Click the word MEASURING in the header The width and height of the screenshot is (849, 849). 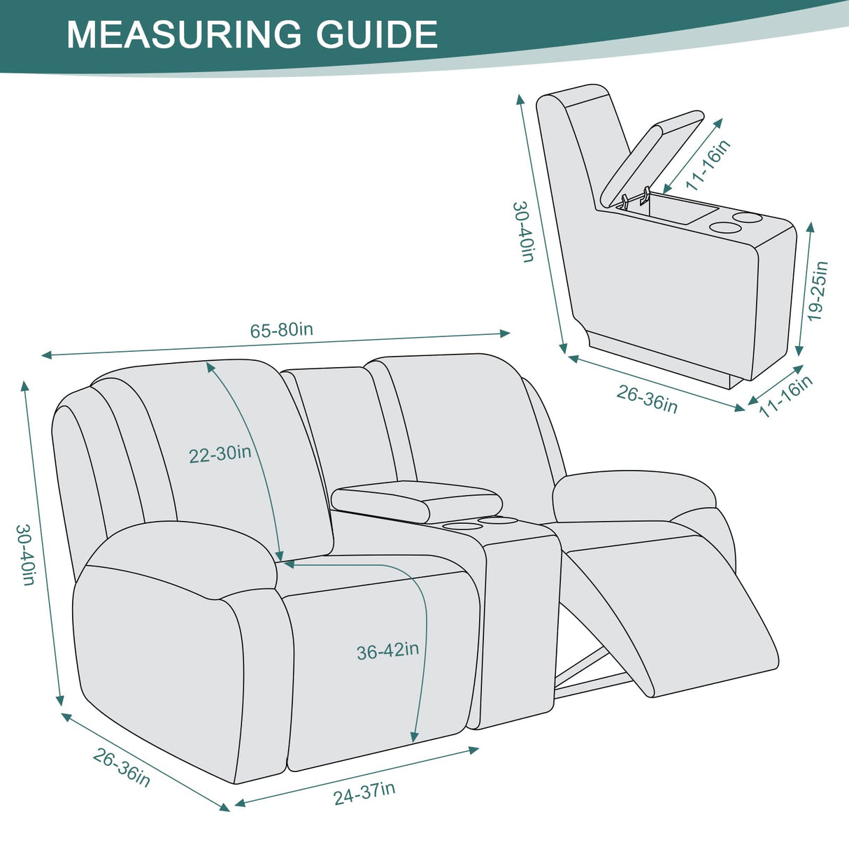(183, 34)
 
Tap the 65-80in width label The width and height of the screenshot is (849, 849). (281, 330)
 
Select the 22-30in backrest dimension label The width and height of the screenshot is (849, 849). (220, 454)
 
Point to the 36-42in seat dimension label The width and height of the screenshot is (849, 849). (387, 651)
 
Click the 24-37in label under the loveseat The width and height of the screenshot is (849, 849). (364, 793)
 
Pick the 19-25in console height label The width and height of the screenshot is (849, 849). (817, 291)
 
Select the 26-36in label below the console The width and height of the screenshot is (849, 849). (647, 399)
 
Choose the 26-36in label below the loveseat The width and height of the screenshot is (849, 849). (122, 767)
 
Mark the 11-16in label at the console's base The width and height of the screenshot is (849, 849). (785, 396)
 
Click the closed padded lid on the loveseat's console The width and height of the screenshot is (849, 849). (415, 499)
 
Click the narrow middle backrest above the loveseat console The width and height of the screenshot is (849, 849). (343, 420)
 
